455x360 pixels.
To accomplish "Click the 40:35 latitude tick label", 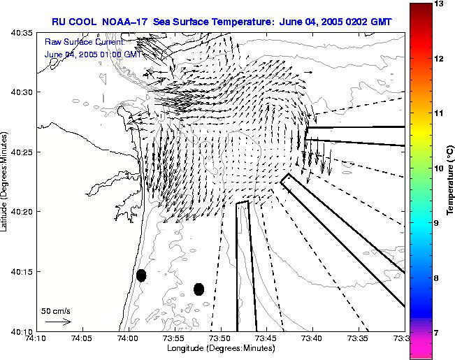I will point(20,33).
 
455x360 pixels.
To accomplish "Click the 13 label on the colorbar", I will point(440,4).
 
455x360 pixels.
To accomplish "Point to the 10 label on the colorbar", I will point(440,168).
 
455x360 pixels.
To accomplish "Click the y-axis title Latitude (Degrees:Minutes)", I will point(6,182).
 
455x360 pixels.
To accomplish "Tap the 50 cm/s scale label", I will point(56,310).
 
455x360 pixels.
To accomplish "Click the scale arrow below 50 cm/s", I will point(58,322).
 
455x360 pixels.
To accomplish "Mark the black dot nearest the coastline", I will point(141,275).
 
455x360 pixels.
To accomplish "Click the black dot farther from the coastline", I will point(198,289).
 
